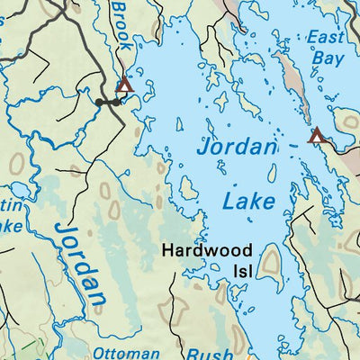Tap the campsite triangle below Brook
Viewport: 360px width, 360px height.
tap(124, 85)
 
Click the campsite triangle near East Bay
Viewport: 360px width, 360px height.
tap(316, 136)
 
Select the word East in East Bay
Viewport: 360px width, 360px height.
tap(326, 37)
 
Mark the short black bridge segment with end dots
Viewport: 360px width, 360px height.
tap(109, 103)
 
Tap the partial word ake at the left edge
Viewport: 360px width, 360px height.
tap(9, 227)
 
